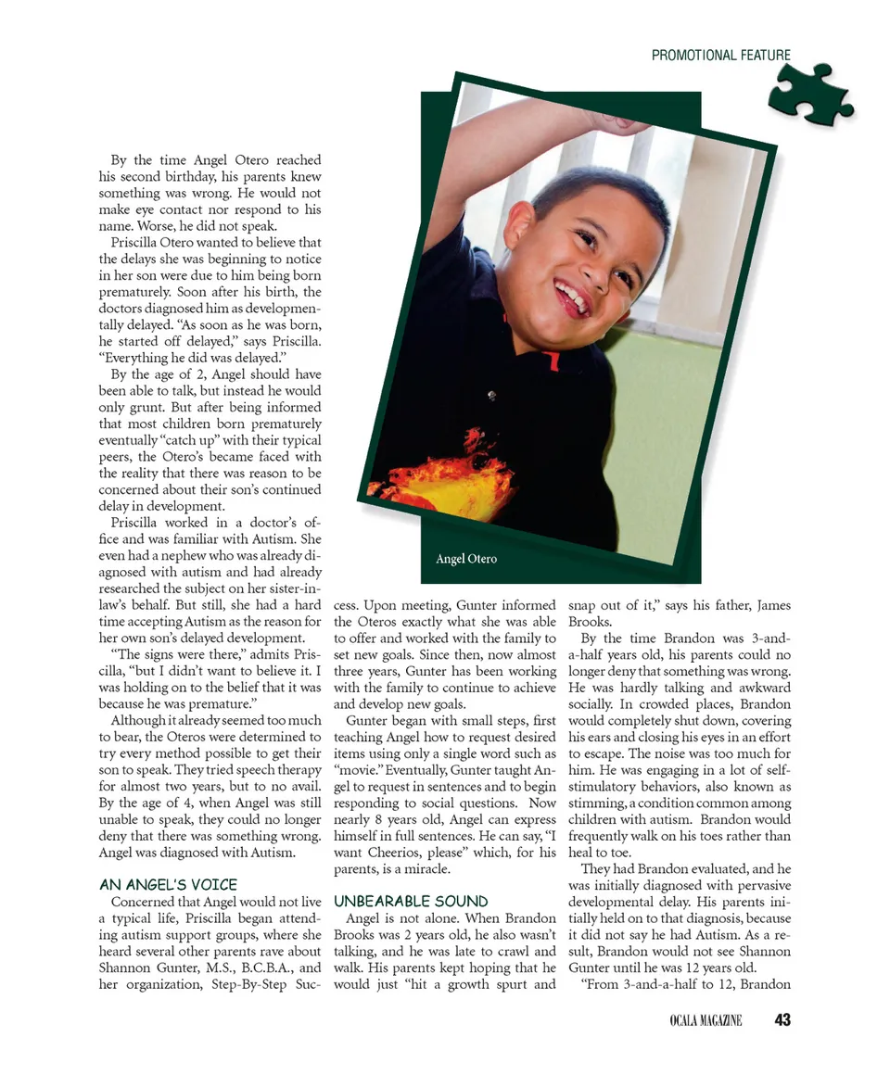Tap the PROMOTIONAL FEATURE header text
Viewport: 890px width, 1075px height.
(x=720, y=56)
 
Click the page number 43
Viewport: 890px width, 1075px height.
(x=782, y=1020)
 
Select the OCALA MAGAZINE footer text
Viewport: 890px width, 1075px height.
(x=706, y=1021)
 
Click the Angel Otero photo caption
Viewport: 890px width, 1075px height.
(x=466, y=559)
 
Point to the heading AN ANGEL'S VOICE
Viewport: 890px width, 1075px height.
(x=168, y=884)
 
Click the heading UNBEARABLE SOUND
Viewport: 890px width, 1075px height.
(x=411, y=901)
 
